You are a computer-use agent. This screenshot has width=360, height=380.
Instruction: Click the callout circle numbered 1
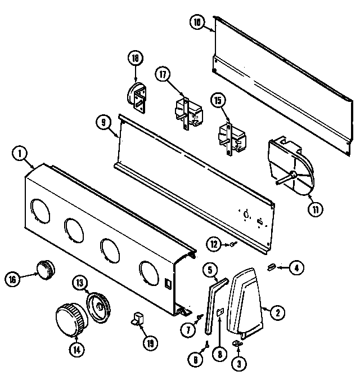pyautogui.click(x=20, y=153)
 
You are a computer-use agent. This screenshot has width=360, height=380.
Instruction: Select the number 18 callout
pyautogui.click(x=135, y=58)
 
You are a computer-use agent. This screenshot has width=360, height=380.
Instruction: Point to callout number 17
pyautogui.click(x=164, y=76)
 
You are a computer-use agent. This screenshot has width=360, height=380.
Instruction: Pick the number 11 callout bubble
pyautogui.click(x=315, y=209)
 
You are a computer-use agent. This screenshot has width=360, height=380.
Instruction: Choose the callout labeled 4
pyautogui.click(x=295, y=268)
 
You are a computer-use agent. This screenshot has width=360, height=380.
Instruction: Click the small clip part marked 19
pyautogui.click(x=137, y=320)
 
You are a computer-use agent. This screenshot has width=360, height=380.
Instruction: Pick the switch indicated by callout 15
pyautogui.click(x=231, y=136)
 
